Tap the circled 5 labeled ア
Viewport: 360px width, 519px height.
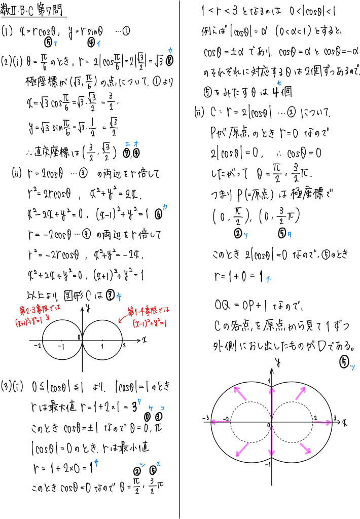[48, 43]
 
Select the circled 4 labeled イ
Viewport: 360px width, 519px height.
[91, 43]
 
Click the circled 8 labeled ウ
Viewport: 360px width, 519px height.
[169, 61]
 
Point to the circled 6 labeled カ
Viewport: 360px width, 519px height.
[159, 214]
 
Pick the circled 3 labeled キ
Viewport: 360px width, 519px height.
[111, 295]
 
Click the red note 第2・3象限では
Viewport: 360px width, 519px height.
[40, 310]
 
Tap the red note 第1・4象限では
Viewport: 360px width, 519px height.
[149, 311]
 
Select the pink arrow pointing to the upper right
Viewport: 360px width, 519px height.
[300, 393]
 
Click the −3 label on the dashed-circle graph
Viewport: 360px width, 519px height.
[206, 418]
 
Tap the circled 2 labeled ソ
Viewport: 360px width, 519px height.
[238, 233]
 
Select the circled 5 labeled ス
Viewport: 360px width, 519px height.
[153, 470]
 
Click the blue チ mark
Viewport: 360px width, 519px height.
[268, 279]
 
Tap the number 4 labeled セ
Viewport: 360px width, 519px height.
[275, 92]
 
